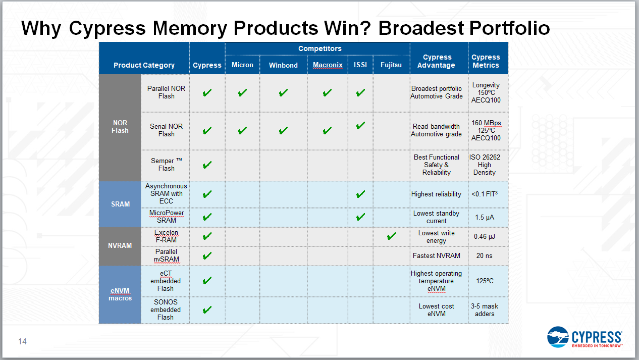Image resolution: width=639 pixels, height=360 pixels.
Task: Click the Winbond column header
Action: tap(283, 65)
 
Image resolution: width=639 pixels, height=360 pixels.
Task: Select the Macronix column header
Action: tap(328, 65)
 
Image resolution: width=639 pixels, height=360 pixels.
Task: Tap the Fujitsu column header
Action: tap(391, 65)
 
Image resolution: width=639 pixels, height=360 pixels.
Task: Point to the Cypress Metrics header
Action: tap(486, 61)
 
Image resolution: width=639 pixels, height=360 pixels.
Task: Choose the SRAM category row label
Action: tap(120, 204)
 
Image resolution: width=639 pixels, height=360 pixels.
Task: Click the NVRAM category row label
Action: tap(120, 245)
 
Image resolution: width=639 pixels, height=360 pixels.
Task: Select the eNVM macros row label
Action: tap(120, 294)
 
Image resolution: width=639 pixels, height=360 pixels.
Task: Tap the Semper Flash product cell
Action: tap(166, 165)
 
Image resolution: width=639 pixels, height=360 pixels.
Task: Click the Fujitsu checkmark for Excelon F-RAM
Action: tap(391, 236)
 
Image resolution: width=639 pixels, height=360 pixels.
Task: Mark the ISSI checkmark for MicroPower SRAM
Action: tap(360, 217)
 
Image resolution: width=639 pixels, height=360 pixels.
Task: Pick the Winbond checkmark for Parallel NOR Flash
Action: tap(283, 93)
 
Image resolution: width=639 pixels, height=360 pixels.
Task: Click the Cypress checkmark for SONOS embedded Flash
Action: tap(207, 310)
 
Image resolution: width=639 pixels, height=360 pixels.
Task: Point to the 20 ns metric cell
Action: tap(484, 255)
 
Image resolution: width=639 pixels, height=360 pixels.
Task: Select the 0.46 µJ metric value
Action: tap(484, 236)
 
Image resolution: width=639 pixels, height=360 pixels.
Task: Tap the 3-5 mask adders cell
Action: tap(484, 310)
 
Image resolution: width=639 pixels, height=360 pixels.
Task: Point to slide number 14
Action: tap(22, 342)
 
